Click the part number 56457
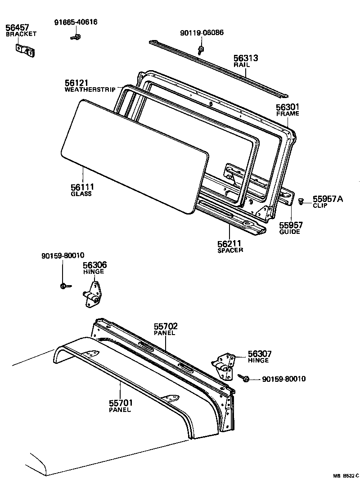(x=17, y=27)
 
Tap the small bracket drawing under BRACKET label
(x=25, y=50)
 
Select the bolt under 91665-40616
(x=76, y=37)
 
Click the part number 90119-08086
(x=202, y=32)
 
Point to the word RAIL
(x=242, y=65)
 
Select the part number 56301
(x=288, y=107)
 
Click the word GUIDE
(x=289, y=232)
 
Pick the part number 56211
(x=230, y=244)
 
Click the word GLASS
(x=81, y=194)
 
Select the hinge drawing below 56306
(x=92, y=295)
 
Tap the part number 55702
(x=166, y=327)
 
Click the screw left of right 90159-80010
(x=245, y=379)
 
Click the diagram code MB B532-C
(x=346, y=475)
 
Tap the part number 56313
(x=246, y=58)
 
